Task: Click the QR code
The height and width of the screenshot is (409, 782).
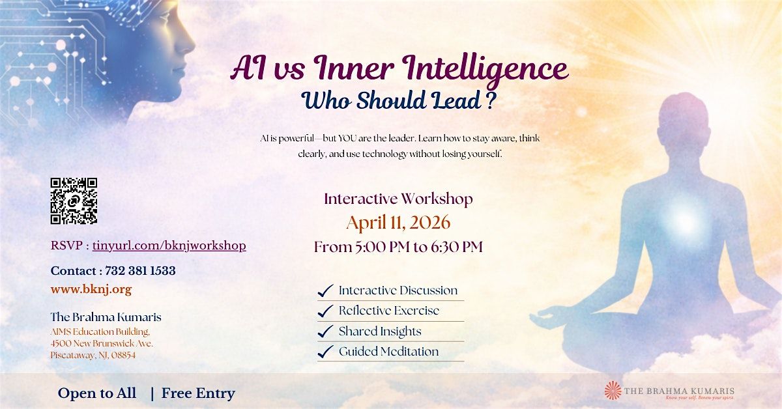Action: [x=74, y=201]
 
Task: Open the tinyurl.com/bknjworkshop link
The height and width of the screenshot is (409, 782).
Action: [x=169, y=246]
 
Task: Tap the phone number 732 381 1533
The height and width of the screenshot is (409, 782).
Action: [x=140, y=271]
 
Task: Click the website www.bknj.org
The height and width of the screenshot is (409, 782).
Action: [x=91, y=289]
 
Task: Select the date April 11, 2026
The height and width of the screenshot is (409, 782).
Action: [x=398, y=223]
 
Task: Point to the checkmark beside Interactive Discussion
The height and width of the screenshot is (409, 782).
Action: [x=325, y=290]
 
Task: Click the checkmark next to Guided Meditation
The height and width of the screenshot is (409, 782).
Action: [x=325, y=352]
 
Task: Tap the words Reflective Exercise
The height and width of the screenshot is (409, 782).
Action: [x=389, y=311]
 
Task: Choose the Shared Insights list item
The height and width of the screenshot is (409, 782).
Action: [x=380, y=331]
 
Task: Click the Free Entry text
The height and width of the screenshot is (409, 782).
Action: [x=198, y=393]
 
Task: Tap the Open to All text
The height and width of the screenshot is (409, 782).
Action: [x=97, y=393]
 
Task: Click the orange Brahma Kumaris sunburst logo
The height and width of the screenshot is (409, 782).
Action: [x=613, y=391]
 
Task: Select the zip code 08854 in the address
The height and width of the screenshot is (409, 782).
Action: [x=123, y=355]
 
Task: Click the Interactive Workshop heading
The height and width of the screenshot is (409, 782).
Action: [x=398, y=199]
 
